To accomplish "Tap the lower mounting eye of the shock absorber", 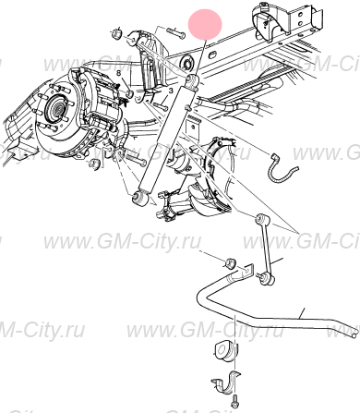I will click(142, 198).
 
